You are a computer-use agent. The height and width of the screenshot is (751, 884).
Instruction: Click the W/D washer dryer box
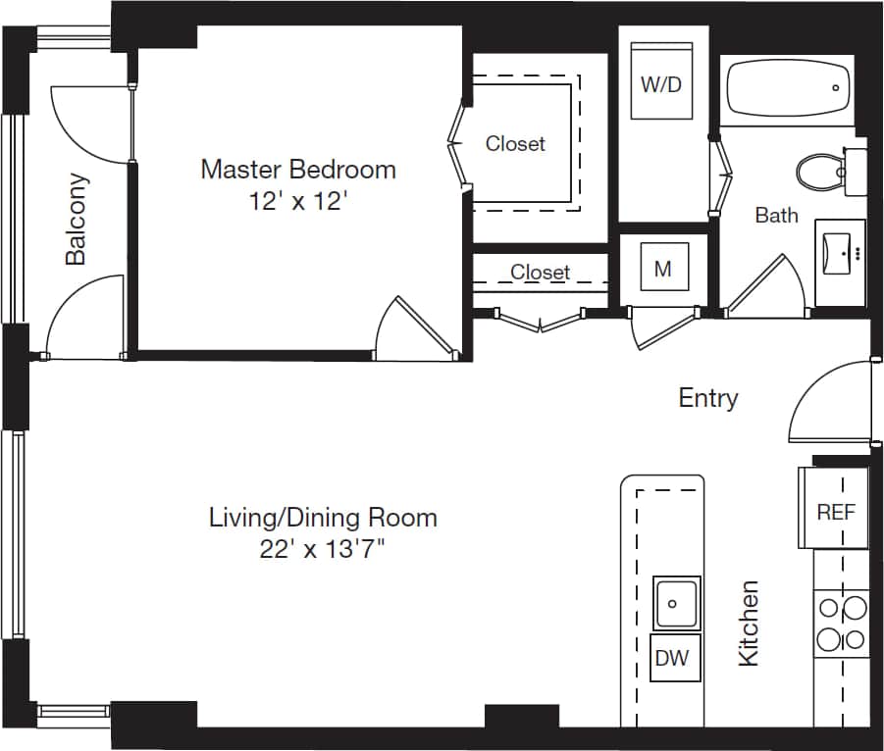pyautogui.click(x=661, y=83)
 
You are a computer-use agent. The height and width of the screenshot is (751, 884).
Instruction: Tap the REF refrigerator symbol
pyautogui.click(x=835, y=510)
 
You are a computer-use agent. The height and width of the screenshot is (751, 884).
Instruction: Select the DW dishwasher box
pyautogui.click(x=672, y=658)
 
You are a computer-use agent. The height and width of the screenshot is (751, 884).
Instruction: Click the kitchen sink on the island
pyautogui.click(x=677, y=602)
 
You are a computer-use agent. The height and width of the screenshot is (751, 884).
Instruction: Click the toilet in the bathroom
pyautogui.click(x=819, y=173)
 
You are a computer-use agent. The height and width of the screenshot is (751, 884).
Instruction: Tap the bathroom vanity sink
pyautogui.click(x=841, y=249)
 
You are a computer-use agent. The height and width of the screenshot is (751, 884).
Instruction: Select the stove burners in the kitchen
pyautogui.click(x=842, y=624)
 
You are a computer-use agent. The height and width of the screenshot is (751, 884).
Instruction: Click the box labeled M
pyautogui.click(x=662, y=268)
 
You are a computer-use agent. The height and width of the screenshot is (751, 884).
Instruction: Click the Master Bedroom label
pyautogui.click(x=298, y=169)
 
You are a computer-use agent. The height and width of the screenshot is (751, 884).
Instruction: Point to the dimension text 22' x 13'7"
pyautogui.click(x=322, y=549)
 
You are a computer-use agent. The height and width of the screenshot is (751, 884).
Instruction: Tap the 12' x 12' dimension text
pyautogui.click(x=298, y=202)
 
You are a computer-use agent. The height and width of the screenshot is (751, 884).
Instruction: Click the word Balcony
pyautogui.click(x=77, y=220)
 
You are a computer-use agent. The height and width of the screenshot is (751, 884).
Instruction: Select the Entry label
pyautogui.click(x=708, y=397)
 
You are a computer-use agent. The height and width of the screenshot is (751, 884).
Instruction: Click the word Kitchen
pyautogui.click(x=749, y=623)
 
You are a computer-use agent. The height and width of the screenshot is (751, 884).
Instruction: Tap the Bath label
pyautogui.click(x=776, y=215)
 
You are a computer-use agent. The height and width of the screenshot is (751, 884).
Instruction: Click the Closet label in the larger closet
pyautogui.click(x=515, y=143)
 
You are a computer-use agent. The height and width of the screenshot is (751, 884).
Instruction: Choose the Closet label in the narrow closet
pyautogui.click(x=540, y=272)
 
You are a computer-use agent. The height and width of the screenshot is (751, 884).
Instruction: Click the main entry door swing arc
pyautogui.click(x=814, y=392)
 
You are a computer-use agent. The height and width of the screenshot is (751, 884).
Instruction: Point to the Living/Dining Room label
pyautogui.click(x=323, y=517)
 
